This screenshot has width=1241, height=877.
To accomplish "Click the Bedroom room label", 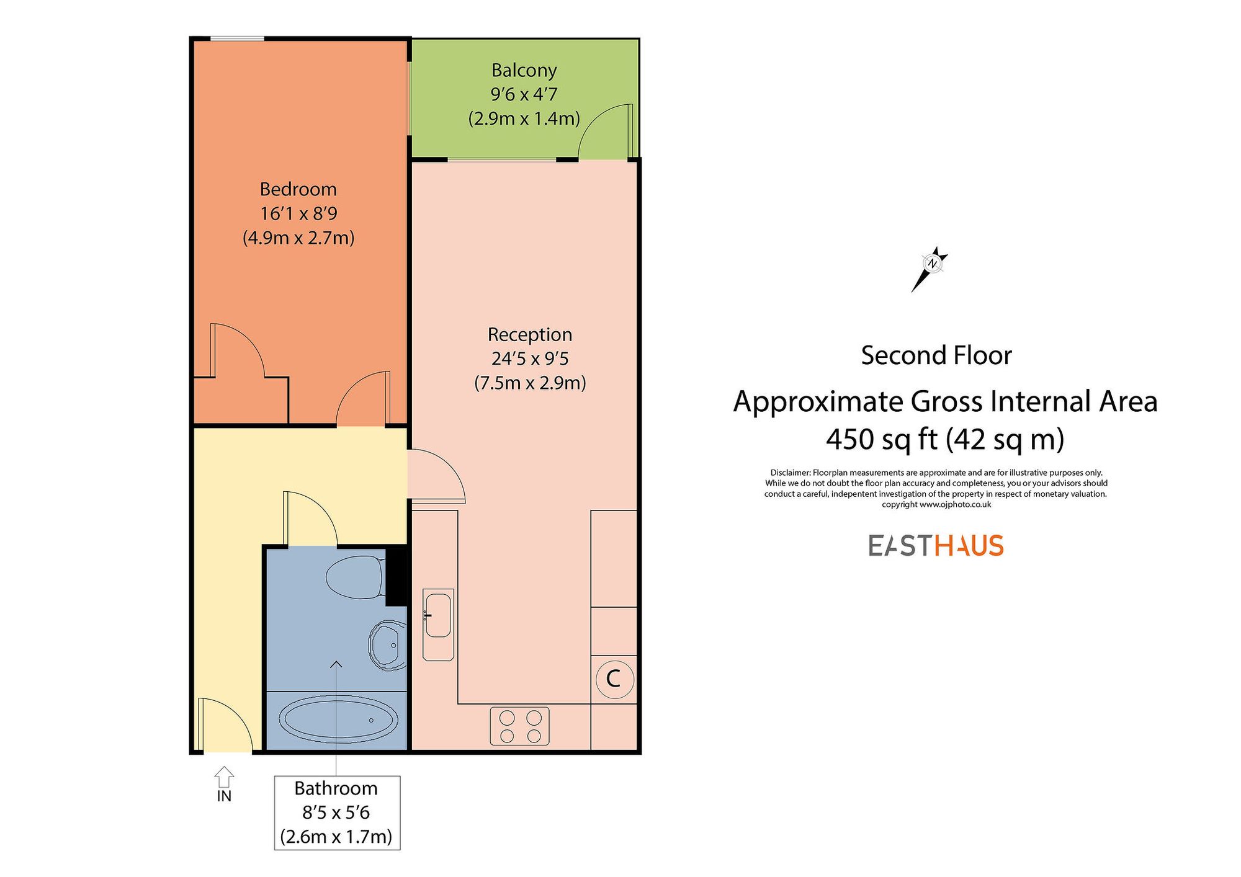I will click(x=298, y=189).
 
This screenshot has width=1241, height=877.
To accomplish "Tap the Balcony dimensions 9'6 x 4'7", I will click(x=524, y=94).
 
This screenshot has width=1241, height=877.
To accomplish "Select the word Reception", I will click(x=529, y=335).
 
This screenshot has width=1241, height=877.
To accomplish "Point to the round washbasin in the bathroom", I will click(x=387, y=645).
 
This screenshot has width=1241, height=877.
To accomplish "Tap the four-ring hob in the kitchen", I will click(x=519, y=726).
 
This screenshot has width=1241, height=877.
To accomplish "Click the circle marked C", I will click(x=614, y=679).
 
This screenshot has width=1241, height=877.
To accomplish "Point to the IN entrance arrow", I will click(x=224, y=777).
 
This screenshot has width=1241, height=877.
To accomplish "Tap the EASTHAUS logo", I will click(x=936, y=546).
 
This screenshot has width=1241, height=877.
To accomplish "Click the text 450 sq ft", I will click(x=881, y=440).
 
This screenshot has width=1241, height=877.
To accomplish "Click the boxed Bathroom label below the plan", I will click(x=336, y=812).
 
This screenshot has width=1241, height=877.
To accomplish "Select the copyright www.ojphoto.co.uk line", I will click(x=936, y=505).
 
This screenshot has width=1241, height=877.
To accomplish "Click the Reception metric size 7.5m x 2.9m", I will click(x=529, y=383).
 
